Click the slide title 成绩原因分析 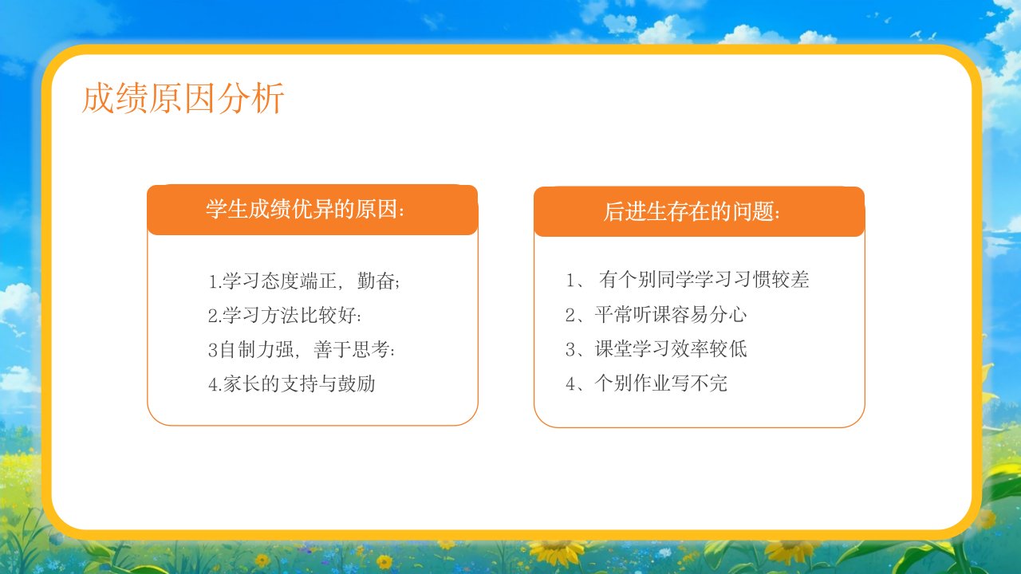tap(183, 97)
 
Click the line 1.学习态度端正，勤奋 tap(304, 281)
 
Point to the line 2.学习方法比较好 tap(285, 315)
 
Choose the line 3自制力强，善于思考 tap(302, 350)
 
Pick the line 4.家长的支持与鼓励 tap(292, 384)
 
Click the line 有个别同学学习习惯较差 tap(704, 279)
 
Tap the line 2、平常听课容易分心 tap(656, 315)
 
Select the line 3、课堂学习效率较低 tap(656, 349)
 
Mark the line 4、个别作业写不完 tap(646, 383)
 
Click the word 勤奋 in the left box tap(376, 281)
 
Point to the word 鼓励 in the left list tap(357, 384)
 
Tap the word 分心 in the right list tap(728, 315)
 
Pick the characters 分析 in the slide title tap(251, 97)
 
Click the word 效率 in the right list tap(690, 349)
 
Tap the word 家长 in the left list tap(242, 384)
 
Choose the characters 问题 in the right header tap(754, 212)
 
